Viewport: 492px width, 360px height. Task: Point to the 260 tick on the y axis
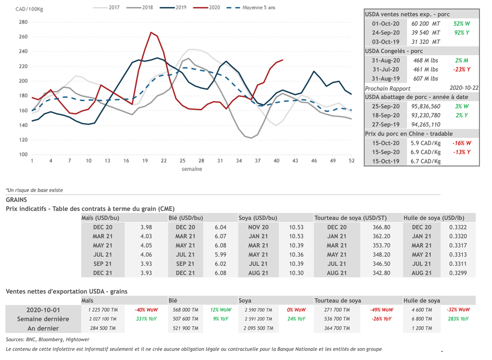pos(23,37)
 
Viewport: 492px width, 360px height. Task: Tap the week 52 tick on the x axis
pos(352,161)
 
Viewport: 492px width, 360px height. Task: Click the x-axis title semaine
pos(192,169)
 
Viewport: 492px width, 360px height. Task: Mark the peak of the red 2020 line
pos(151,33)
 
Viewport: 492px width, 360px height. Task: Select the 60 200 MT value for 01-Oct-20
pos(425,24)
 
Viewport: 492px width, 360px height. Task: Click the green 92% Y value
pos(461,33)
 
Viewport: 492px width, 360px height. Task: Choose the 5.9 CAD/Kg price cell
pos(425,143)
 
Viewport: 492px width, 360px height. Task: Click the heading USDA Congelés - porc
pos(394,51)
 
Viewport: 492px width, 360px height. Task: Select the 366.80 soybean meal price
pos(381,227)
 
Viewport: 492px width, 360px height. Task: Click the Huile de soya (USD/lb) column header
pos(433,218)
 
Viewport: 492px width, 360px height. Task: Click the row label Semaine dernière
pos(43,319)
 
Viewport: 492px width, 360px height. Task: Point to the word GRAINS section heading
pos(16,199)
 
